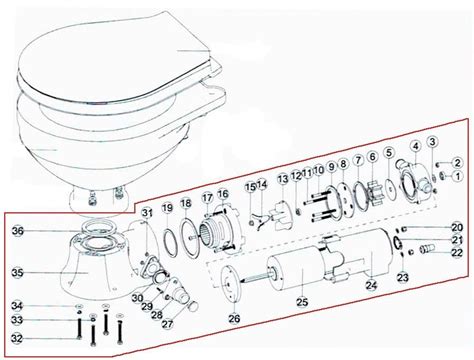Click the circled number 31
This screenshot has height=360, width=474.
coord(147,211)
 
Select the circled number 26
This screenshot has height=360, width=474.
coord(234,318)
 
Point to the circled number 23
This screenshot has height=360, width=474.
coord(402,276)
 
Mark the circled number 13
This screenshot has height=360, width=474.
coord(283,178)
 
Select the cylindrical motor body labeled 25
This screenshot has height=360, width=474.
coord(300,265)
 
